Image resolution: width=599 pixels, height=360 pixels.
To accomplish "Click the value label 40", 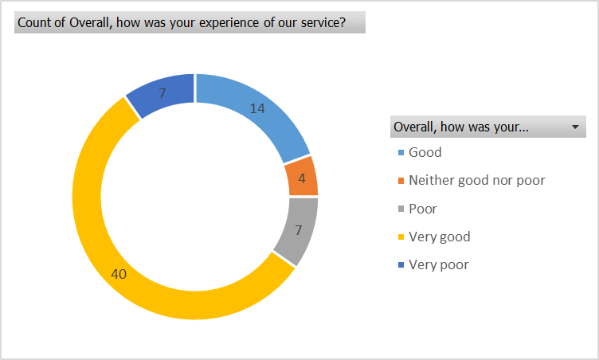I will coord(119,274).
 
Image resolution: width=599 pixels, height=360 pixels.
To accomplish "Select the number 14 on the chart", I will coord(256,108).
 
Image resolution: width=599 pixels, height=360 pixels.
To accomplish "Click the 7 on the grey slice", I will coord(299,231).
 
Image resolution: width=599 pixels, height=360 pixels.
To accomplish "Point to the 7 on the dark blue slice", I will coord(162,93).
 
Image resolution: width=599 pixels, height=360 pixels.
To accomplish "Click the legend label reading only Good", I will coord(425,152).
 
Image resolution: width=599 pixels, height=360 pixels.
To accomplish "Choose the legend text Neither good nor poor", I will coord(476,180).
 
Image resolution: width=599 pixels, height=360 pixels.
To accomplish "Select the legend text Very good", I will coord(439,237).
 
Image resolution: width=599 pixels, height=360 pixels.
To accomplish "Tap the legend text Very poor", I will coord(438,264).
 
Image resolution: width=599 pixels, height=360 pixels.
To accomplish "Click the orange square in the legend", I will coord(400,181).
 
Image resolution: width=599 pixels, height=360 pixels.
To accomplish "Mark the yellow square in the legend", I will coord(400,237).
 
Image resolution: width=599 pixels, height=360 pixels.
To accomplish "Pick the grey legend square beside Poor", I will coord(400,209).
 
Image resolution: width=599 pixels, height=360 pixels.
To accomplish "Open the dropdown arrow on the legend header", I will coord(574,127).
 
